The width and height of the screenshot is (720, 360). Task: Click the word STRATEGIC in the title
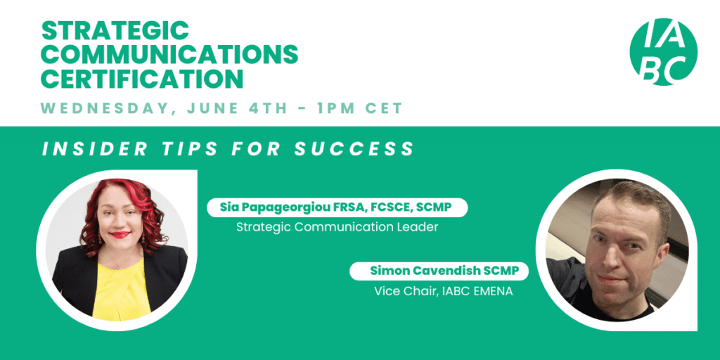[115, 31]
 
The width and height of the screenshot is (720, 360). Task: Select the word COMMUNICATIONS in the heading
[169, 55]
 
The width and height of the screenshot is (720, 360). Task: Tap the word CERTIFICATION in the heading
[142, 79]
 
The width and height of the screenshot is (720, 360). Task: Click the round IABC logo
[663, 51]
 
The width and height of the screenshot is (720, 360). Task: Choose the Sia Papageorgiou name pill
[337, 207]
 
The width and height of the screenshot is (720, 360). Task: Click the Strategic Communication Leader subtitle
[337, 227]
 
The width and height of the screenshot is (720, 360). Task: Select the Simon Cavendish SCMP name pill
[439, 271]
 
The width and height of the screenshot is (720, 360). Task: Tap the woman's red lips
[120, 235]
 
